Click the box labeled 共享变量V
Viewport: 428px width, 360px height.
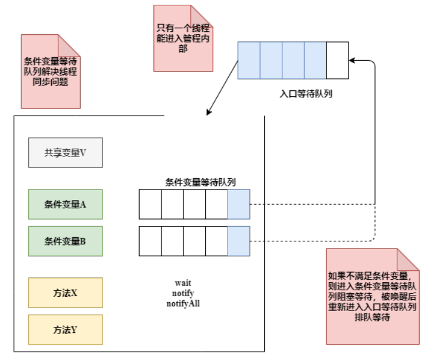65,152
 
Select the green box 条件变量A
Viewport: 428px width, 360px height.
65,204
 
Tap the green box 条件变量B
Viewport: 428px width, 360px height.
65,241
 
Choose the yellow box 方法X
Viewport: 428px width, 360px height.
65,293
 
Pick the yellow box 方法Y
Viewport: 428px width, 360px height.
65,330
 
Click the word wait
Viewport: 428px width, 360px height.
183,283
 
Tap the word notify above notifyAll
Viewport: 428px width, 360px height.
183,293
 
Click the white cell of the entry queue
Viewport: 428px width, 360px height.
337,61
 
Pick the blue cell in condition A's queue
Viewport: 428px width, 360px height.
239,204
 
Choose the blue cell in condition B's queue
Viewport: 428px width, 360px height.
239,241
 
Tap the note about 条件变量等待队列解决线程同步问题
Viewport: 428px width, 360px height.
50,71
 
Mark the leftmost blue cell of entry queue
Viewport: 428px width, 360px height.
249,61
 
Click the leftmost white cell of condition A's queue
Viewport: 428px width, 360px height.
150,204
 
